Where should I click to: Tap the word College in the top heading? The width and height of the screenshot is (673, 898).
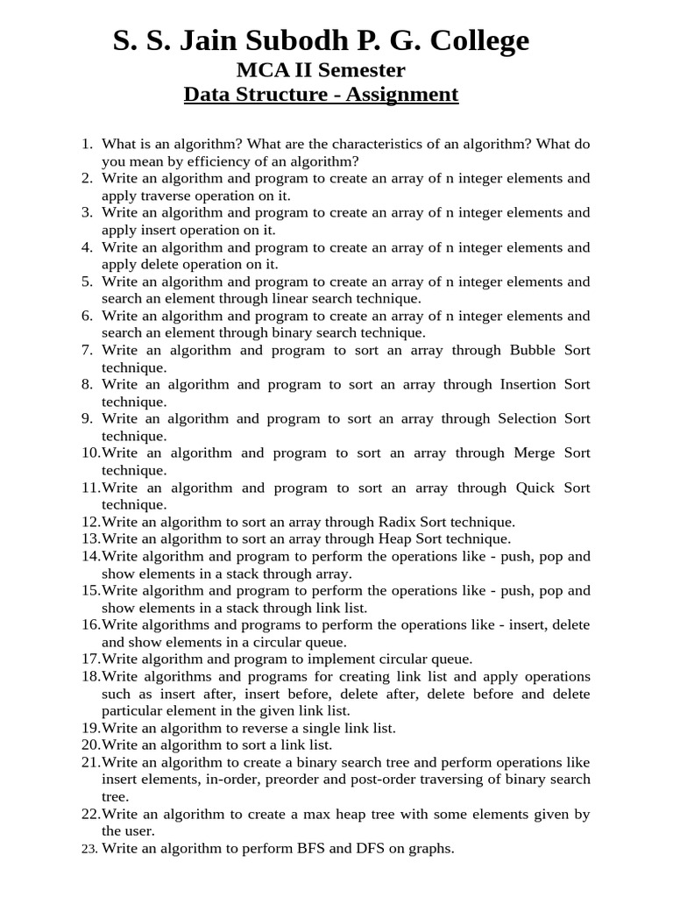coord(478,40)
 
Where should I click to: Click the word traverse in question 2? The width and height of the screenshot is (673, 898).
coord(167,196)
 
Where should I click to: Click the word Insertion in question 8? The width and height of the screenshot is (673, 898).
coord(528,384)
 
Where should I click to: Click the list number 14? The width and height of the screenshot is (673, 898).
coord(90,556)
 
